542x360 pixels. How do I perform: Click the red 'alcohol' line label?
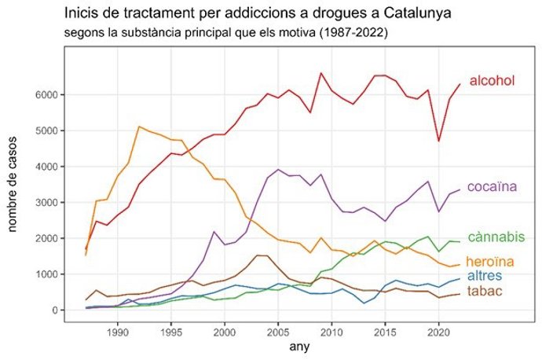tap(492, 81)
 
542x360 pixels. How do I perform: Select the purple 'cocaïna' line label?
tap(492, 187)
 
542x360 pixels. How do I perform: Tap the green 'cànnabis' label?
tap(496, 237)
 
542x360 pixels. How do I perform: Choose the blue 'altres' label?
tap(485, 276)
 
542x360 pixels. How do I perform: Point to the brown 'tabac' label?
tap(485, 292)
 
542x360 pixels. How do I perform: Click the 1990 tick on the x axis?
tap(118, 331)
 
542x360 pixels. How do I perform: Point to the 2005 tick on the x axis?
tap(278, 331)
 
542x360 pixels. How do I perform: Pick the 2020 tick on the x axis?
tap(438, 331)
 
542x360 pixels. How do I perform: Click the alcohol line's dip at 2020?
tap(438, 141)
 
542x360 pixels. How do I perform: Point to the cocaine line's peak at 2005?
tap(278, 169)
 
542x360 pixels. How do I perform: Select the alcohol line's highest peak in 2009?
tap(320, 73)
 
